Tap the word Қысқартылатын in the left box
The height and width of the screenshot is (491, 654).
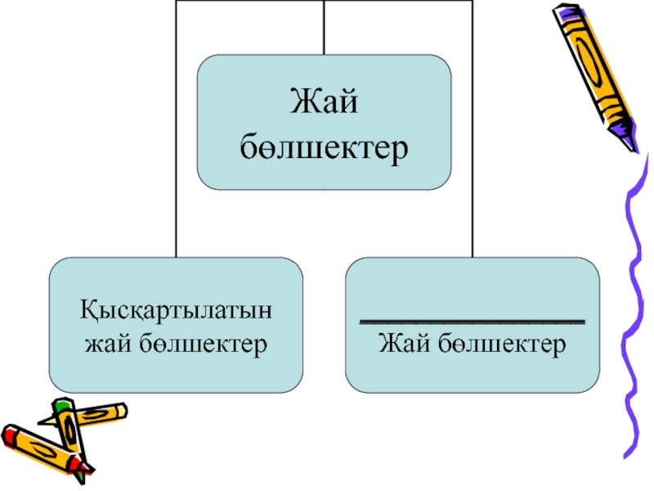[177, 312]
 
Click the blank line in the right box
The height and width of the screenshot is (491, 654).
[473, 320]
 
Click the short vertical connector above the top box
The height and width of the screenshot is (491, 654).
[325, 28]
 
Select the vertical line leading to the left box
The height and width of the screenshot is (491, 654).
[176, 164]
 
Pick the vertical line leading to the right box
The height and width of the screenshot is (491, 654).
[473, 164]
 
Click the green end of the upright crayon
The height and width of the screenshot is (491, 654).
[62, 404]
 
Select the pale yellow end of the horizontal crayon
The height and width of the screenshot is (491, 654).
[118, 409]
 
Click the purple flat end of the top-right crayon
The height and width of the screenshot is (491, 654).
[565, 11]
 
